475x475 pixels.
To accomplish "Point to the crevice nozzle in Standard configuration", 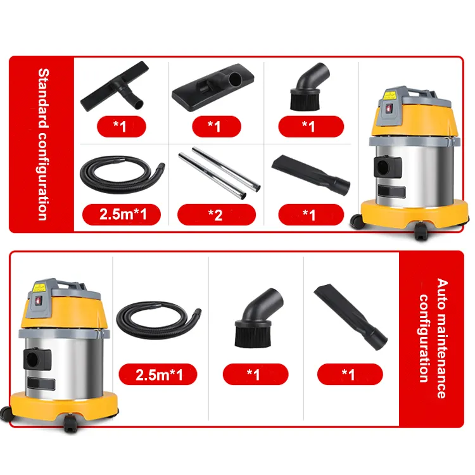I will pos(311,174).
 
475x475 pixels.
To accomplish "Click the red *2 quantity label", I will pos(216,215).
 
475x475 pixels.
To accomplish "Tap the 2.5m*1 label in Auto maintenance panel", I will pos(158,375).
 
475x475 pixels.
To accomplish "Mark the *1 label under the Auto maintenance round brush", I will pos(253,375).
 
